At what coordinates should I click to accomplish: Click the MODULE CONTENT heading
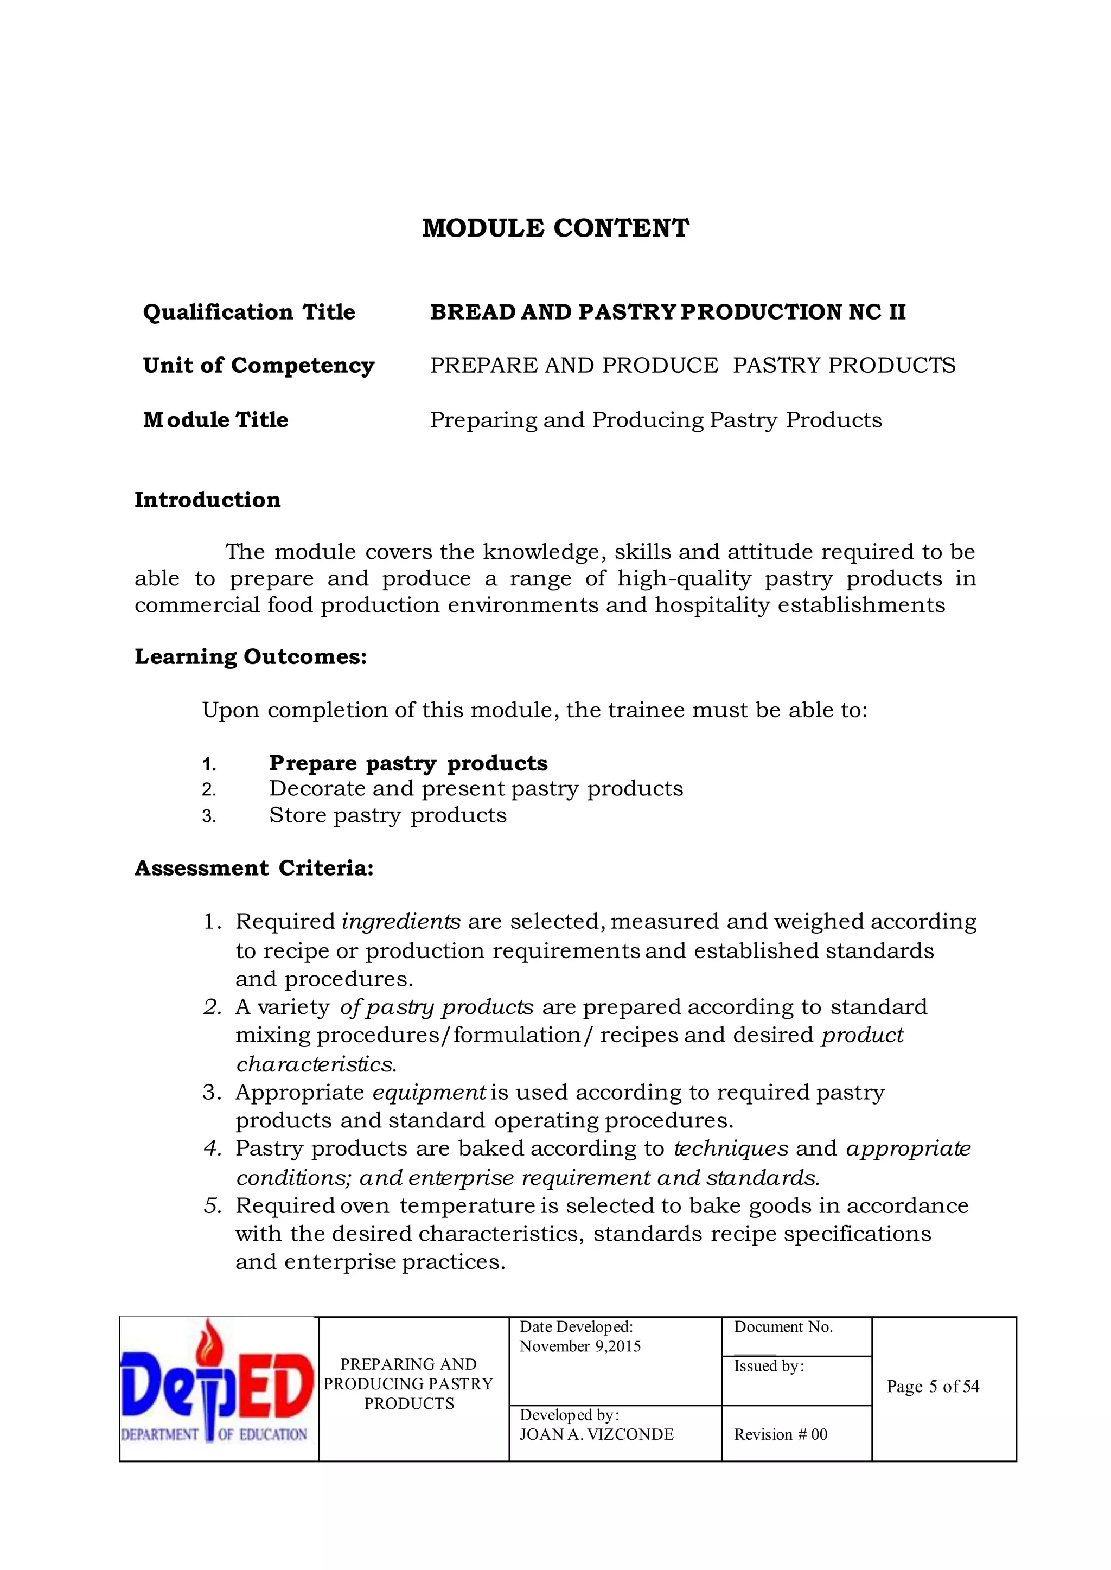(x=555, y=228)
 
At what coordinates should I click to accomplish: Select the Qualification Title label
(x=249, y=312)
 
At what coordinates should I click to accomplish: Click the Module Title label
(x=215, y=419)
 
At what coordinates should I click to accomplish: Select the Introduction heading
(x=207, y=500)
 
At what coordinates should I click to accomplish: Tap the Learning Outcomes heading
(x=251, y=657)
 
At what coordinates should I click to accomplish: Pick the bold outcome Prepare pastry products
(x=408, y=763)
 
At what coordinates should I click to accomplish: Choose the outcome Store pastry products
(x=387, y=815)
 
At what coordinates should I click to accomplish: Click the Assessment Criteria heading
(x=254, y=868)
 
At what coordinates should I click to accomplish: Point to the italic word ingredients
(x=401, y=922)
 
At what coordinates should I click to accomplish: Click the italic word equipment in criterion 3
(x=429, y=1093)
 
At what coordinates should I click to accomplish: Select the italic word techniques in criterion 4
(x=731, y=1148)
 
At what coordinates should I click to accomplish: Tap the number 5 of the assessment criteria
(x=212, y=1205)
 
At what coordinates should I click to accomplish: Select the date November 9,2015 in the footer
(x=580, y=1346)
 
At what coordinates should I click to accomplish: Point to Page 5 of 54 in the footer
(x=933, y=1387)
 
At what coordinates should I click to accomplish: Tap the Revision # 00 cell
(x=781, y=1434)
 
